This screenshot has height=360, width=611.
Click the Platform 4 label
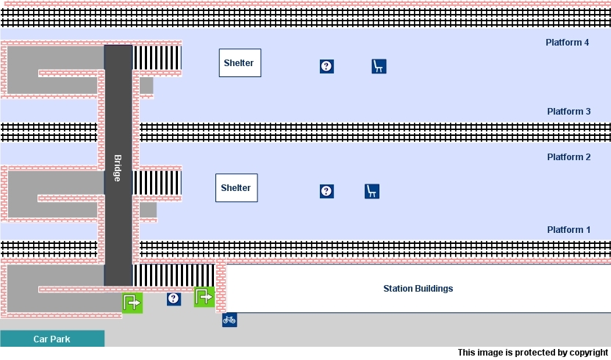(x=567, y=43)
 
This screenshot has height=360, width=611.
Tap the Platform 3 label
(x=568, y=112)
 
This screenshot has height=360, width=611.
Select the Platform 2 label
(x=568, y=157)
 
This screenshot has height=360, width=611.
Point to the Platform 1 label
(x=568, y=230)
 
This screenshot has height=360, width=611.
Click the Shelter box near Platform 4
(x=240, y=63)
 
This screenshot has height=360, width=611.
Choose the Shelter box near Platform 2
(x=236, y=188)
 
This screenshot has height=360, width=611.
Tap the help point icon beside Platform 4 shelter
(x=327, y=66)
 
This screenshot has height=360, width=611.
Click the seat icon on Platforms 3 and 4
(x=379, y=66)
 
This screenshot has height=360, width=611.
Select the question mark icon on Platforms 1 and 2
(x=327, y=191)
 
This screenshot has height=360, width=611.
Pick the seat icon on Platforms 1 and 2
(x=372, y=191)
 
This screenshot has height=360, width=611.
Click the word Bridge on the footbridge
(x=117, y=168)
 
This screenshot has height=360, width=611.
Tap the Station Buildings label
(x=418, y=289)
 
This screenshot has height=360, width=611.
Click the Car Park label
(x=51, y=339)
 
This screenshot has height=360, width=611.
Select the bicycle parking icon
(x=229, y=320)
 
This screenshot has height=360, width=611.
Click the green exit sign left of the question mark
(x=132, y=302)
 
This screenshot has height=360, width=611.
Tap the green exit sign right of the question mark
(x=204, y=297)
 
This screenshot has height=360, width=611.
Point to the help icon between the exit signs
(x=174, y=298)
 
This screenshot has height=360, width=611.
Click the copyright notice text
(x=533, y=353)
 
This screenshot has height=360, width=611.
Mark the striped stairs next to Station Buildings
(x=174, y=275)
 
